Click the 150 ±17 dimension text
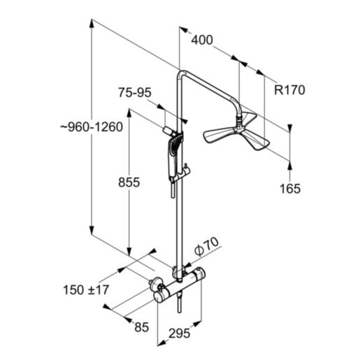[87, 289]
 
